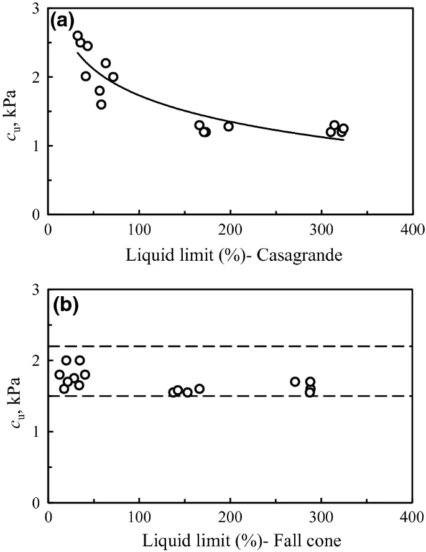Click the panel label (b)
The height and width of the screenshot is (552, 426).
[x=64, y=306]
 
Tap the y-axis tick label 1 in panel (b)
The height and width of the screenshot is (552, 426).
[x=37, y=432]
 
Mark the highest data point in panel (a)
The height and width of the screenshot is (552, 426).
[x=78, y=35]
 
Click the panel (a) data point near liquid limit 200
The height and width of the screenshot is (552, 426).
[x=229, y=126]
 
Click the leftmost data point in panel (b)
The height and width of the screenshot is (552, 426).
[x=60, y=375]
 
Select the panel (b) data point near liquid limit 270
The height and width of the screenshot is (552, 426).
[x=295, y=381]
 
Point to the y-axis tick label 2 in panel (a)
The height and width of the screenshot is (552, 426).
[x=37, y=77]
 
